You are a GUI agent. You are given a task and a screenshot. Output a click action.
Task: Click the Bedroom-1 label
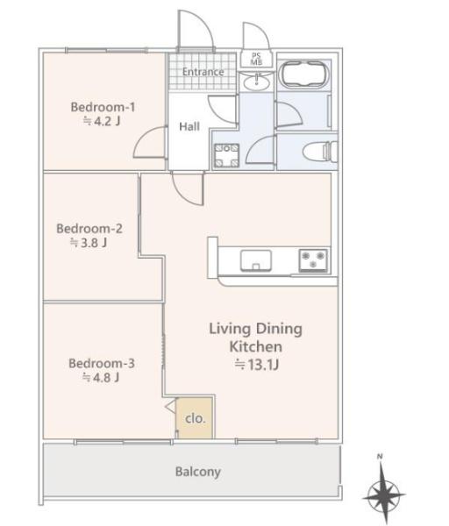pyautogui.click(x=103, y=107)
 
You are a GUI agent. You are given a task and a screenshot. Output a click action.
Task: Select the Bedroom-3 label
pyautogui.click(x=102, y=363)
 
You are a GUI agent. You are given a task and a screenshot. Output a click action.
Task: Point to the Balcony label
pyautogui.click(x=198, y=472)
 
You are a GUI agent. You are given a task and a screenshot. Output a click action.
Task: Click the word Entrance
pyautogui.click(x=203, y=72)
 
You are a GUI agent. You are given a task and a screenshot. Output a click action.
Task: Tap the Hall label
pyautogui.click(x=189, y=126)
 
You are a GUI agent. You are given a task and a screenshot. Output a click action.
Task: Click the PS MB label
pyautogui.click(x=257, y=59)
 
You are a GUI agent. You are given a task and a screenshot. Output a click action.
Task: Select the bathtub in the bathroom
pyautogui.click(x=303, y=75)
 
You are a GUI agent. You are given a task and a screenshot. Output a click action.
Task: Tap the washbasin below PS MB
pyautogui.click(x=256, y=82)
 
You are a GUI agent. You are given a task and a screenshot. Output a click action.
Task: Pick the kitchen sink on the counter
pyautogui.click(x=256, y=260)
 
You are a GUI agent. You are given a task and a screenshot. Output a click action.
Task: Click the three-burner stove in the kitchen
pyautogui.click(x=313, y=260)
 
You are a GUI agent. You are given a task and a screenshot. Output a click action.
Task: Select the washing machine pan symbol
pyautogui.click(x=227, y=155)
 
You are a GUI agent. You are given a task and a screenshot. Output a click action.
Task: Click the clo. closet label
pyautogui.click(x=195, y=418)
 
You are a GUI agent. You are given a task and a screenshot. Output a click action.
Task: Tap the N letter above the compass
pyautogui.click(x=380, y=457)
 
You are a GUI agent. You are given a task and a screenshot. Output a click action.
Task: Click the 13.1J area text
pyautogui.click(x=257, y=365)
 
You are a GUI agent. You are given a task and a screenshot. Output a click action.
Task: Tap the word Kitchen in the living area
pyautogui.click(x=256, y=346)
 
